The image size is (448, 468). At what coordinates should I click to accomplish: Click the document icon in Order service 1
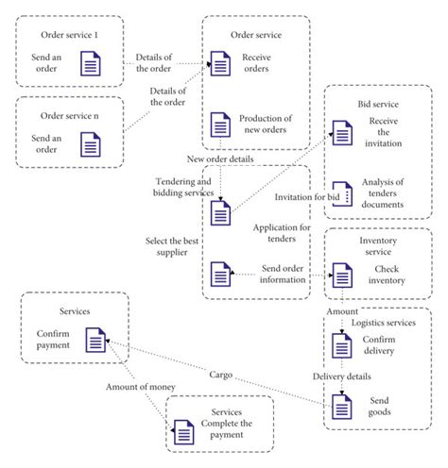tap(90, 64)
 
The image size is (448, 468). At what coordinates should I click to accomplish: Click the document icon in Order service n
tap(90, 144)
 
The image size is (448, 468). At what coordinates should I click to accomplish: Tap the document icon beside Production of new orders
tap(219, 124)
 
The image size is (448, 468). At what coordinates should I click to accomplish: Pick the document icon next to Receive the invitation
tap(340, 131)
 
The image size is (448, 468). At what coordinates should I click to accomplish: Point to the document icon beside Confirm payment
tap(95, 341)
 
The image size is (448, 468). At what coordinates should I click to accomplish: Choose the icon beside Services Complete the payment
tap(182, 433)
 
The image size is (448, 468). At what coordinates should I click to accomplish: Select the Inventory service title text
tap(377, 244)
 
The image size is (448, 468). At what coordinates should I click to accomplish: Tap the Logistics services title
tap(383, 323)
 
